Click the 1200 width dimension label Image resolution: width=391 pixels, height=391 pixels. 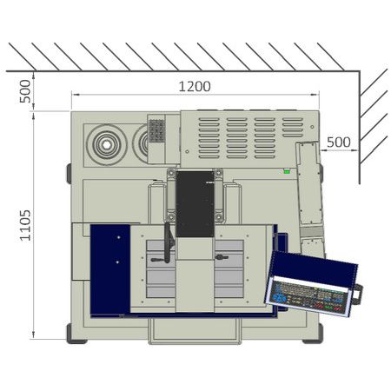coord(195,87)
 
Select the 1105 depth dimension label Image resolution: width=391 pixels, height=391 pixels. coord(25,225)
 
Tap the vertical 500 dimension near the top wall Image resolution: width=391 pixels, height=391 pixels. coord(25,91)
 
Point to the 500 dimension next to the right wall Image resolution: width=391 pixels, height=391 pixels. coord(339,142)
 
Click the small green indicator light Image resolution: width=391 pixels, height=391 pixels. coord(287,171)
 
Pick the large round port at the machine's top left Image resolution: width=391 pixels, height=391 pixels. coord(107,144)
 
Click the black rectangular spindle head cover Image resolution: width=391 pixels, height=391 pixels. coord(195,204)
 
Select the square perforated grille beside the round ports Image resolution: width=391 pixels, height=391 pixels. coord(156,131)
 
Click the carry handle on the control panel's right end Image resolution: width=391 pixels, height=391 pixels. coord(357,294)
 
